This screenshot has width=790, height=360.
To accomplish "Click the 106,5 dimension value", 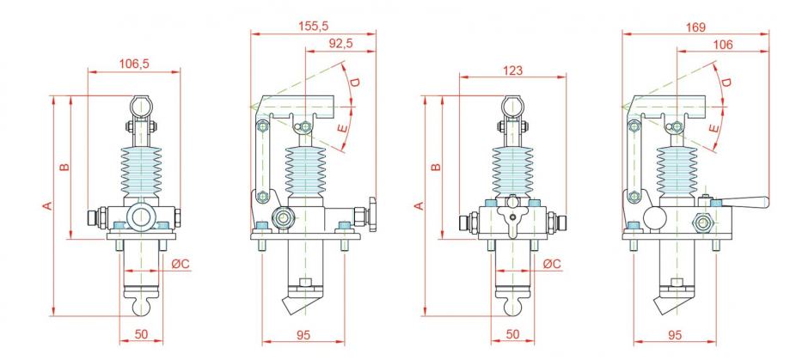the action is coord(134,64).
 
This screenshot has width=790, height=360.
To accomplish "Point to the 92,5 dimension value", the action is coord(340,43).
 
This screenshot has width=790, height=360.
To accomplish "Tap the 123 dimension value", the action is coord(513,70).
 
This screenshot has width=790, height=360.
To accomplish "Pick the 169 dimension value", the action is coord(695,27).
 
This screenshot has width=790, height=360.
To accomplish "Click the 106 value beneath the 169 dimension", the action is coord(723,45).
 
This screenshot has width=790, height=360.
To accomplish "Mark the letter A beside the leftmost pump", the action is coord(47,205).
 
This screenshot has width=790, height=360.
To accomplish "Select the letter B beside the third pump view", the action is coord(437,168).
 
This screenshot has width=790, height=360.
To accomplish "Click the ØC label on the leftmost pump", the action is coord(179,263).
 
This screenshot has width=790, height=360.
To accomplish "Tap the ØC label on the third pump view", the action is coord(552,263).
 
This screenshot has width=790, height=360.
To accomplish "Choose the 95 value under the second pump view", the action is coord(303,335).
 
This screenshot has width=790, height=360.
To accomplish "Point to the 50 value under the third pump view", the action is coord(512,334).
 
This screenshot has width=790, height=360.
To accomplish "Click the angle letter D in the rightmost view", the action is coord(726,82).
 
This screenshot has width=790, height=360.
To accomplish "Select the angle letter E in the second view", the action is coord(343,128).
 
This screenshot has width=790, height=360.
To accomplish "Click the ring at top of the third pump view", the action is coord(512,107).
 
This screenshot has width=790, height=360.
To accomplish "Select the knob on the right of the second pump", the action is coord(372,214).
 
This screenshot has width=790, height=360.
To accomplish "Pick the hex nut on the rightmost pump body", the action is coord(701,221).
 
